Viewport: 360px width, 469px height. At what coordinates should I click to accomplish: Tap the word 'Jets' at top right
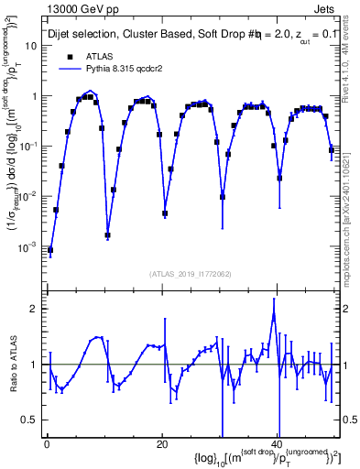pyautogui.click(x=326, y=8)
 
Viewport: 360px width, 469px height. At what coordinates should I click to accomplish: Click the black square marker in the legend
pyautogui.click(x=63, y=55)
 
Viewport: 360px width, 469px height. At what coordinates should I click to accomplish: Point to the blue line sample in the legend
pyautogui.click(x=63, y=68)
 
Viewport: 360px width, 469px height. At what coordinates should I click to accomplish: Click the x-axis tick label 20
pyautogui.click(x=162, y=443)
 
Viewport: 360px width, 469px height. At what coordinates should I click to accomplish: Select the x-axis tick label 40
pyautogui.click(x=278, y=443)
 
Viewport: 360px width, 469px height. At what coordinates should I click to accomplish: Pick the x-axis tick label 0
pyautogui.click(x=47, y=443)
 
